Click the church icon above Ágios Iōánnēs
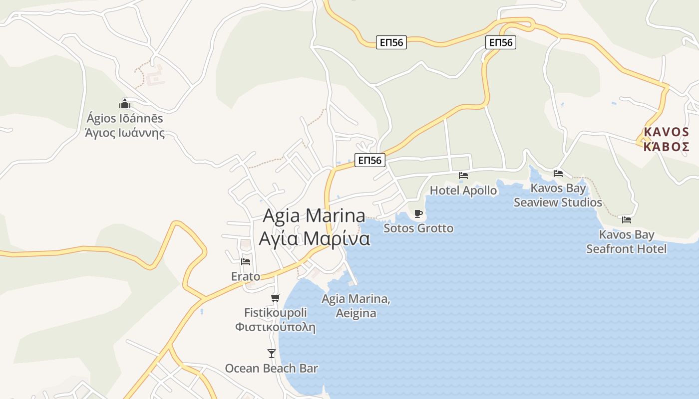(125, 104)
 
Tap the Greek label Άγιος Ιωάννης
(125, 133)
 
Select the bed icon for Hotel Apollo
(463, 175)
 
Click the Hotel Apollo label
(463, 191)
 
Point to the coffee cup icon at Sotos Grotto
(418, 213)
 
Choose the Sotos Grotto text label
(418, 228)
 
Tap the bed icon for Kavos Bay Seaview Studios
(558, 173)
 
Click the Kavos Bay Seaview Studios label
(558, 196)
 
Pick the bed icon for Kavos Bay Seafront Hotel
(627, 219)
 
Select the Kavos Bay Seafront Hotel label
(627, 242)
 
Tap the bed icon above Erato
(246, 261)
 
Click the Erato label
(246, 276)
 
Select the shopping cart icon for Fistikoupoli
(276, 298)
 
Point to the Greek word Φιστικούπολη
(276, 327)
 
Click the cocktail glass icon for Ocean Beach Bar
(272, 353)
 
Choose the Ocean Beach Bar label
(272, 369)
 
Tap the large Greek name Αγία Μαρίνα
(315, 238)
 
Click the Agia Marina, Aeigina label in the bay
(356, 306)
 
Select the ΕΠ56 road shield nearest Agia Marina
(370, 160)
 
